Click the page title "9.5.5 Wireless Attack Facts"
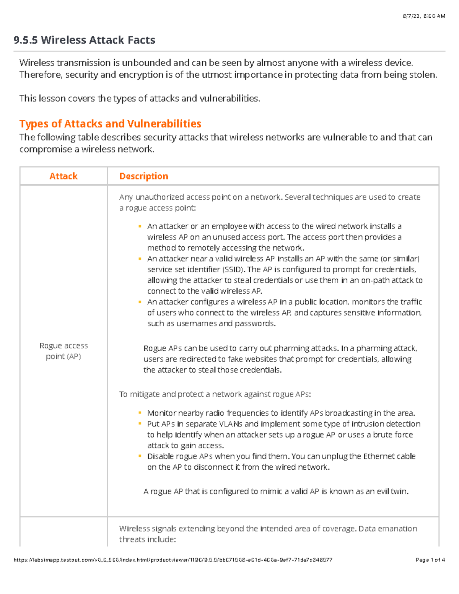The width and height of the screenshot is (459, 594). point(84,40)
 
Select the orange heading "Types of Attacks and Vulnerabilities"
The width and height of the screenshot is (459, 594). point(110,124)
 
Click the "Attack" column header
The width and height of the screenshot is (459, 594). point(63,176)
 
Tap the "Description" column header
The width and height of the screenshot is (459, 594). point(143,176)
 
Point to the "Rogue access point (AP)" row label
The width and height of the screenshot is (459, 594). point(63,351)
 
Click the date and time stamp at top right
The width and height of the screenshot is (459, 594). point(423,16)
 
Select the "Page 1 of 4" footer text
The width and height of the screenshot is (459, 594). point(430,560)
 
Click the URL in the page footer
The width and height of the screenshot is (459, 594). point(173,560)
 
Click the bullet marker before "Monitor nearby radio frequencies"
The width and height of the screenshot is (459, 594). point(140,413)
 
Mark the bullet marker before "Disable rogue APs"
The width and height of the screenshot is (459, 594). point(140,456)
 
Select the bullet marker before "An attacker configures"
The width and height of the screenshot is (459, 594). point(140,302)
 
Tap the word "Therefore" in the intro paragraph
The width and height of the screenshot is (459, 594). point(40,75)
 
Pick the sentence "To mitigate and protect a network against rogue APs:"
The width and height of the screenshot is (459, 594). point(215,394)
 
